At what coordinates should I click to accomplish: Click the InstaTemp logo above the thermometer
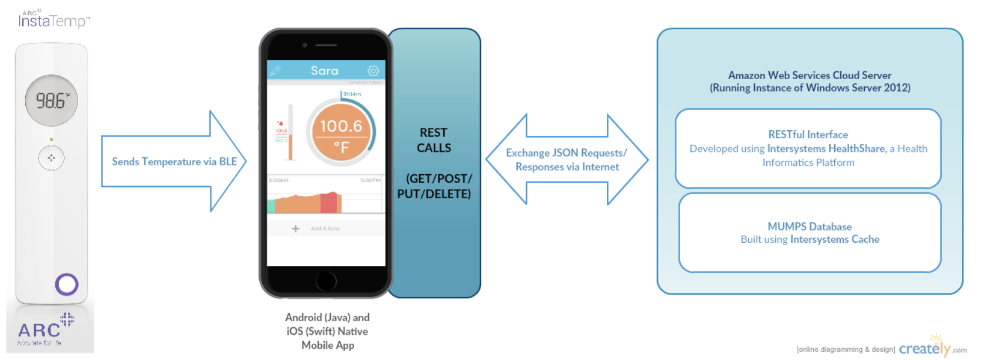[x=54, y=20]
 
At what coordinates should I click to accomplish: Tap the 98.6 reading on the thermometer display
[x=52, y=101]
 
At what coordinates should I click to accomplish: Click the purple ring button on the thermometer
[x=67, y=284]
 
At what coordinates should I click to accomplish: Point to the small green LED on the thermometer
[x=52, y=140]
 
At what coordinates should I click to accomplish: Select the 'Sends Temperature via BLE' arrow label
[x=174, y=161]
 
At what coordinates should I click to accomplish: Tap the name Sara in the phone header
[x=324, y=71]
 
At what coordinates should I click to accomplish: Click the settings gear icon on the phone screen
[x=373, y=71]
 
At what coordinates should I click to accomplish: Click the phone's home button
[x=326, y=281]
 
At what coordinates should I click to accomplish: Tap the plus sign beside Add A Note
[x=295, y=229]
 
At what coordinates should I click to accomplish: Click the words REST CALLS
[x=434, y=140]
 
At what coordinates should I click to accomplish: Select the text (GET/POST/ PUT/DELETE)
[x=434, y=186]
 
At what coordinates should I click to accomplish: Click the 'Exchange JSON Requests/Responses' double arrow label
[x=566, y=159]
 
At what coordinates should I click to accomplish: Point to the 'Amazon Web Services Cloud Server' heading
[x=809, y=75]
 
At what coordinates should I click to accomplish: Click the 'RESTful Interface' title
[x=808, y=134]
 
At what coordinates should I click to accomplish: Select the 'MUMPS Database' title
[x=809, y=226]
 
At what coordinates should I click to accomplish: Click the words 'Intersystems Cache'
[x=834, y=239]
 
